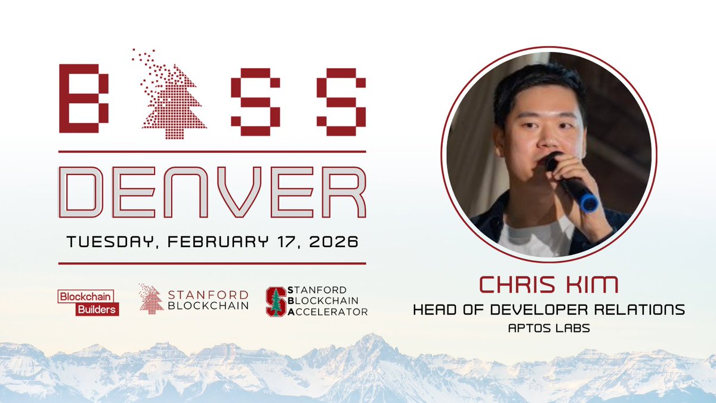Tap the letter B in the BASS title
(84, 99)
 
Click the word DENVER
(212, 192)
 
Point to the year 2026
(334, 243)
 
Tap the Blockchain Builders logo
(88, 303)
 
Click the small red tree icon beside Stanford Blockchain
(152, 298)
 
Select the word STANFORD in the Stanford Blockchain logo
(208, 294)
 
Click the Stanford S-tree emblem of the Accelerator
(276, 302)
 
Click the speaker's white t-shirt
(534, 239)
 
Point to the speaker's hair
(537, 84)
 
